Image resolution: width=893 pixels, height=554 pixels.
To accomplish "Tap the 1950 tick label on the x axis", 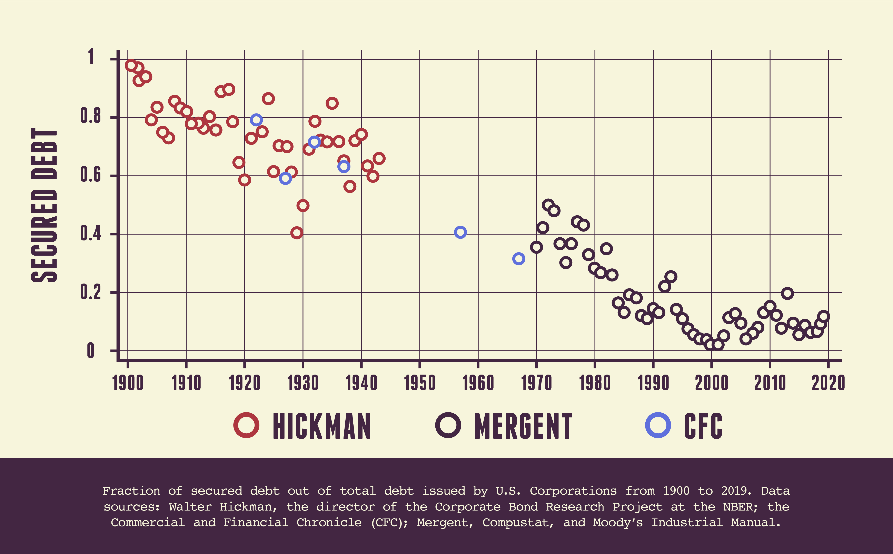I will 420,383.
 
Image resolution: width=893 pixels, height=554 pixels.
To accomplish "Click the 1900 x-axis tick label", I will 128,383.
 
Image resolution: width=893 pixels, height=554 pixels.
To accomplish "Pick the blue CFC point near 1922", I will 256,120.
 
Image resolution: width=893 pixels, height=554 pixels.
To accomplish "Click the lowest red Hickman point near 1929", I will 297,233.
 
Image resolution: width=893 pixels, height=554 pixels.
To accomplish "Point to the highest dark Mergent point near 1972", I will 548,205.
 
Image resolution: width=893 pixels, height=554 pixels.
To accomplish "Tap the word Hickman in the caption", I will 246,507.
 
